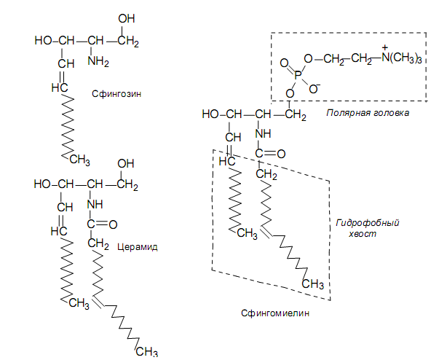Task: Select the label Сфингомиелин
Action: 275,313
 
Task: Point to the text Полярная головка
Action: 368,113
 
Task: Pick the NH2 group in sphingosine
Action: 99,60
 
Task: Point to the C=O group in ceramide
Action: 100,224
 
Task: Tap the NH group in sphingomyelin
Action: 263,134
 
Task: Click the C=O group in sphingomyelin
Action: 269,154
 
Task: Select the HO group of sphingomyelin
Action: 210,114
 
